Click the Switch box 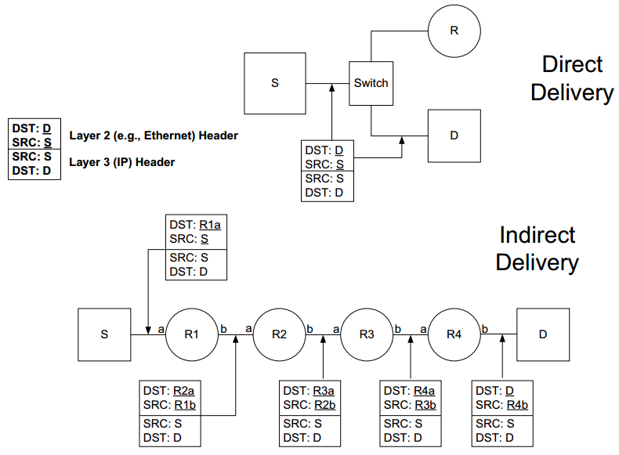(x=371, y=83)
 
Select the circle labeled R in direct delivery (x=454, y=31)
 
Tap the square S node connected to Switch (x=275, y=83)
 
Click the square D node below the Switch (x=454, y=135)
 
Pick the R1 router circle (x=192, y=334)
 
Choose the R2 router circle (x=280, y=334)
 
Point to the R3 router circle (x=367, y=334)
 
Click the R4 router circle (x=454, y=334)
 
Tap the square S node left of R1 (x=104, y=334)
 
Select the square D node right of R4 (x=543, y=334)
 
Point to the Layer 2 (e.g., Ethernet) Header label (x=154, y=135)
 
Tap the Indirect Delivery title (x=538, y=248)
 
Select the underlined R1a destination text (x=210, y=224)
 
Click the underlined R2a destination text (x=184, y=390)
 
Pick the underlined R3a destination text (x=324, y=390)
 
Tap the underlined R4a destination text (x=425, y=390)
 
